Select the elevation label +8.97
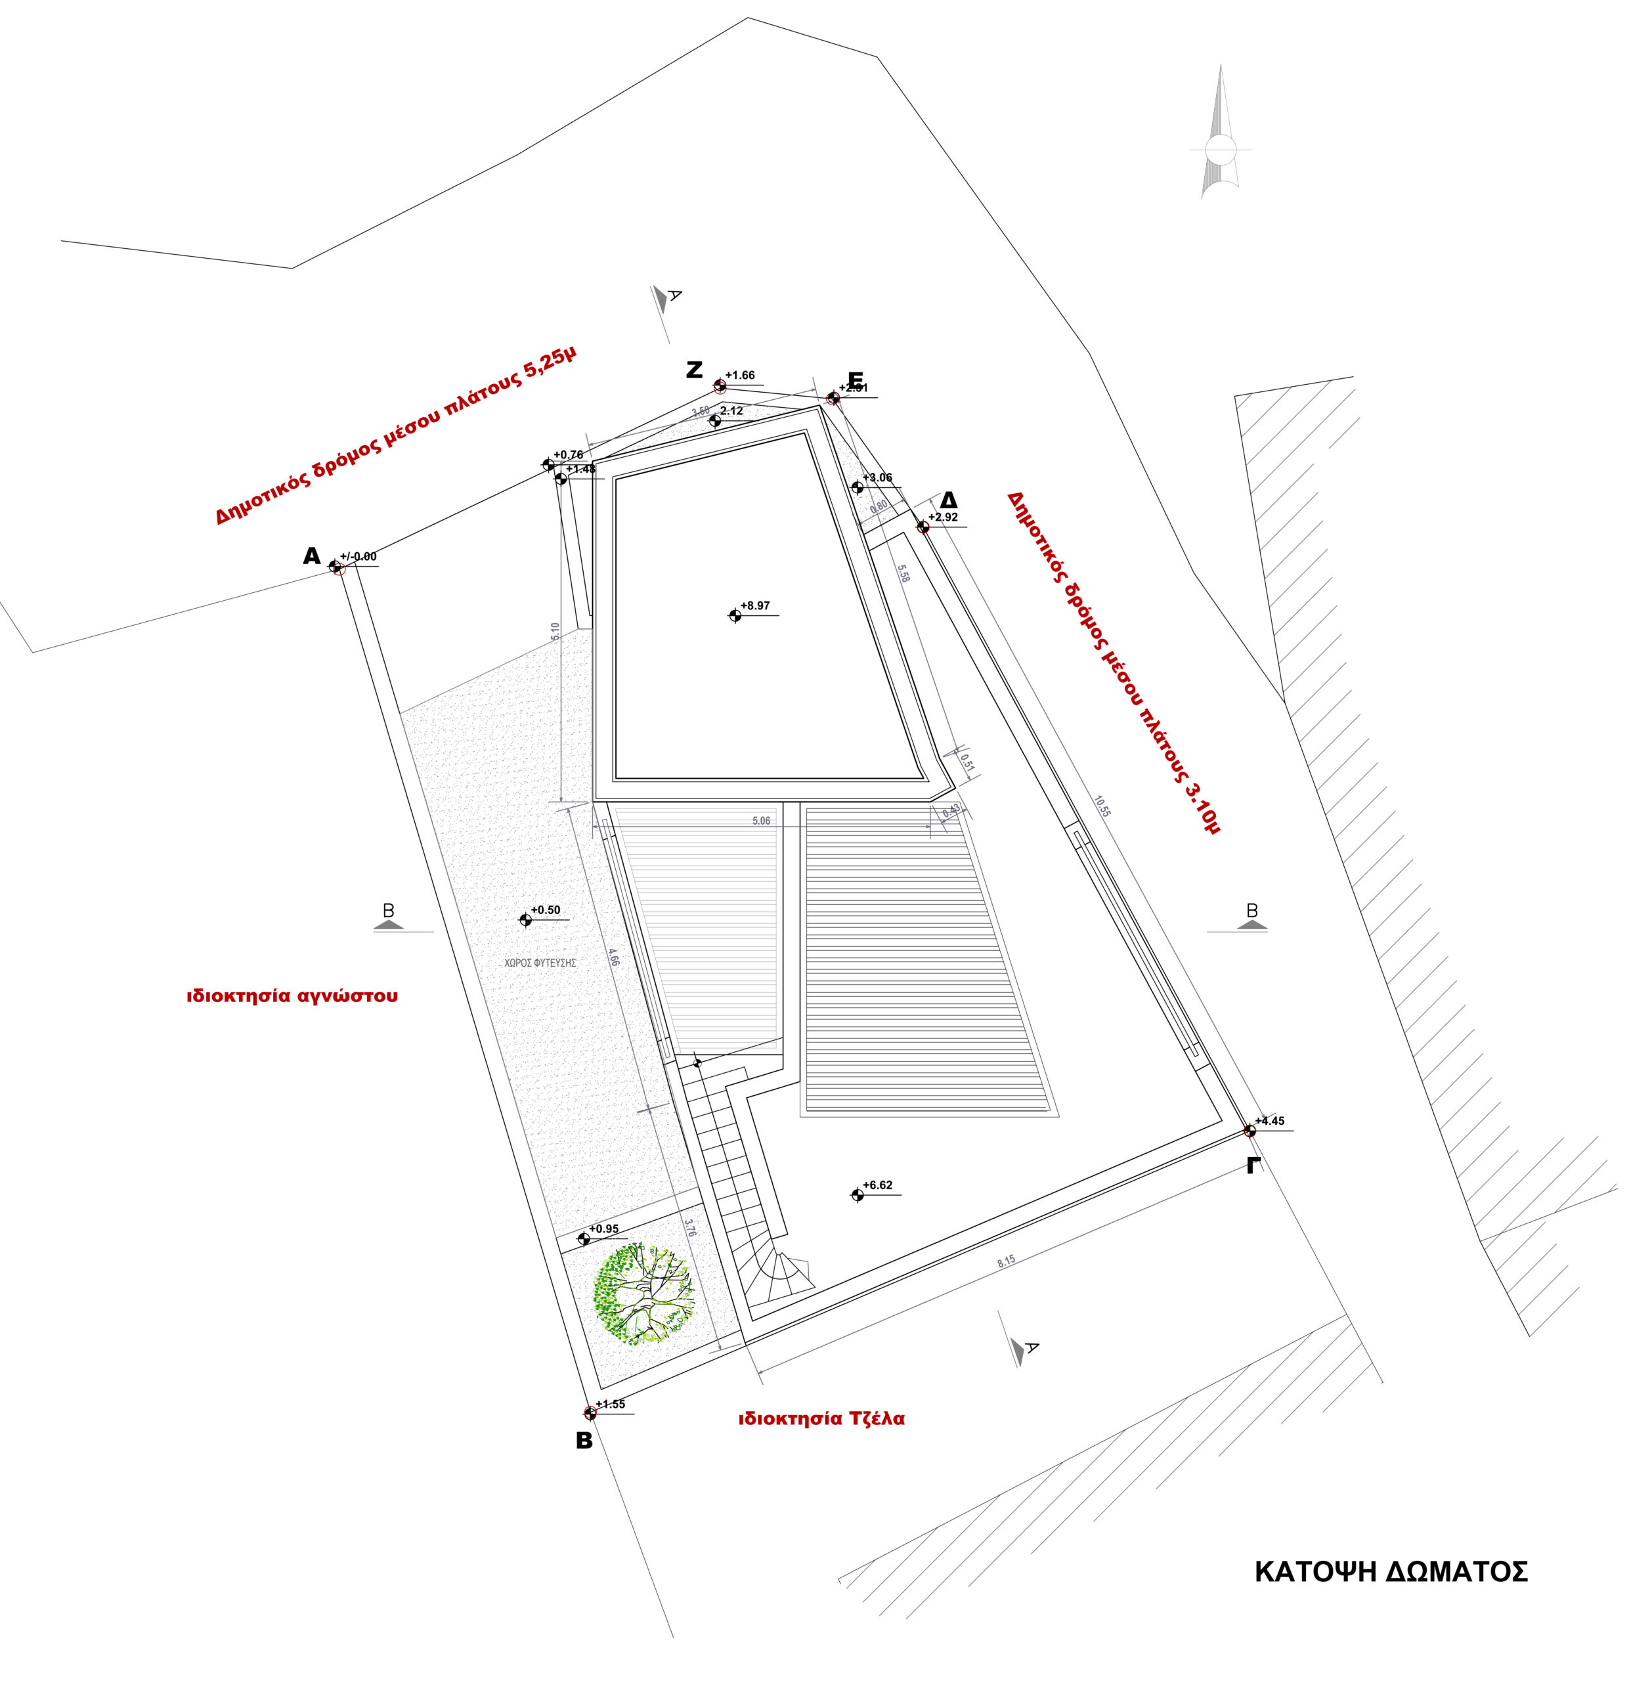point(755,605)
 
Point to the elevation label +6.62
point(877,1185)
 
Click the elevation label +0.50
point(545,910)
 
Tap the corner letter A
point(311,556)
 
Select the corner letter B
point(584,1441)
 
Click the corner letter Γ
point(1251,1166)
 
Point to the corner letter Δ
point(948,501)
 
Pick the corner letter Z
point(694,370)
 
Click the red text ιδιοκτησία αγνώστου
point(292,995)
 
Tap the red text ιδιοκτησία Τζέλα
point(821,1419)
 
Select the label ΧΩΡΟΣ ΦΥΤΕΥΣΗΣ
point(540,963)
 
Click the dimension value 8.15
point(1006,1261)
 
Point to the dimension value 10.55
point(1102,806)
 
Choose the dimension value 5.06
point(761,821)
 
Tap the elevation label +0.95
point(604,1229)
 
